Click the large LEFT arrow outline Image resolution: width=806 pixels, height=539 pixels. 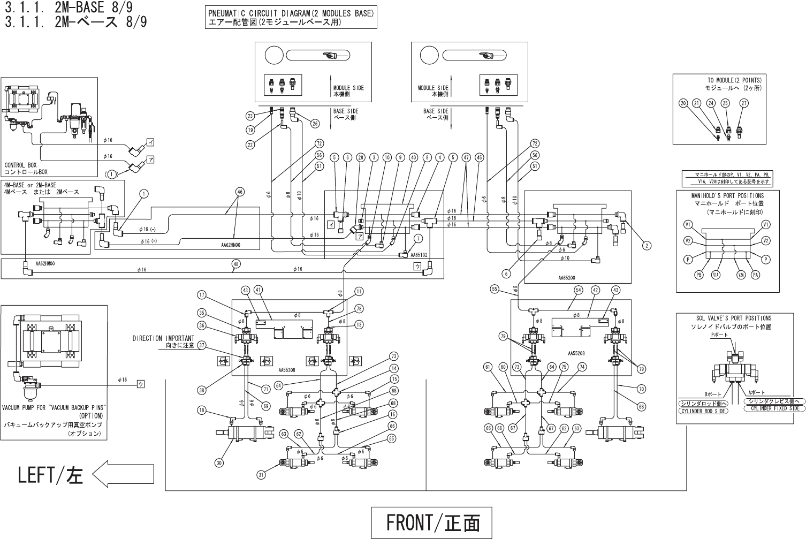(123, 474)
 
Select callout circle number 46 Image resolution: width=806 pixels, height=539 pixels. (239, 191)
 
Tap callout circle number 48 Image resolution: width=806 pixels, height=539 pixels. (236, 263)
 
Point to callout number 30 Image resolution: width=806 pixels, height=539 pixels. (218, 462)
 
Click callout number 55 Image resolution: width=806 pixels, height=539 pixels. (495, 289)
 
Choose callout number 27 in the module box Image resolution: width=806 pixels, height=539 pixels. (743, 103)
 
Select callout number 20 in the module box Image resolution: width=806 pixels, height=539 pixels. (683, 103)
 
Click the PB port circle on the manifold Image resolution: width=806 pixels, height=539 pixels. (699, 275)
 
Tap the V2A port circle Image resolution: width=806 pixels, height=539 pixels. (741, 275)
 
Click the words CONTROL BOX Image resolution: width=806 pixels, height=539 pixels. (21, 165)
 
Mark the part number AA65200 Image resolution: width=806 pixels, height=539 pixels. (566, 278)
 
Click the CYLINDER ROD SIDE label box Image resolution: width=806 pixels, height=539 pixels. (703, 411)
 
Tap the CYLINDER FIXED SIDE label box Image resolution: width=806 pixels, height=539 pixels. (774, 408)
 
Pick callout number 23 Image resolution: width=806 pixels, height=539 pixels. (250, 116)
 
